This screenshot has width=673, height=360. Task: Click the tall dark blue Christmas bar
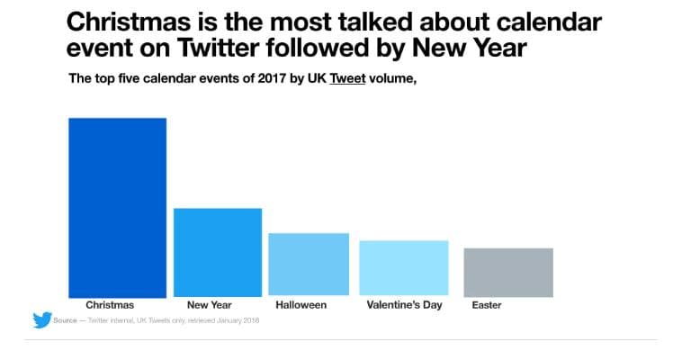pyautogui.click(x=117, y=207)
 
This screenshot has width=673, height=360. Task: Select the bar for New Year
pyautogui.click(x=217, y=252)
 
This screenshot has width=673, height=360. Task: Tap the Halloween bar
pyautogui.click(x=309, y=265)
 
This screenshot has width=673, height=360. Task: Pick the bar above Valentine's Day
pyautogui.click(x=403, y=268)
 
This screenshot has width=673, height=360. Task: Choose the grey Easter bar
pyautogui.click(x=508, y=272)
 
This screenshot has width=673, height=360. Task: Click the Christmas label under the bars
pyautogui.click(x=110, y=305)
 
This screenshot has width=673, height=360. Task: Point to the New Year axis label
pyautogui.click(x=209, y=305)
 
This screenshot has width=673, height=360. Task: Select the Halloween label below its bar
pyautogui.click(x=301, y=305)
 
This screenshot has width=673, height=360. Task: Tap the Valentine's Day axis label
pyautogui.click(x=404, y=305)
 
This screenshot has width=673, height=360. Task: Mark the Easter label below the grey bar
pyautogui.click(x=487, y=305)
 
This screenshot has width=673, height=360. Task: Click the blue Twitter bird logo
pyautogui.click(x=41, y=319)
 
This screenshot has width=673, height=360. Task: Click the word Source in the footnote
pyautogui.click(x=64, y=320)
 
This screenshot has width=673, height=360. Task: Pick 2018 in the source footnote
pyautogui.click(x=250, y=320)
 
